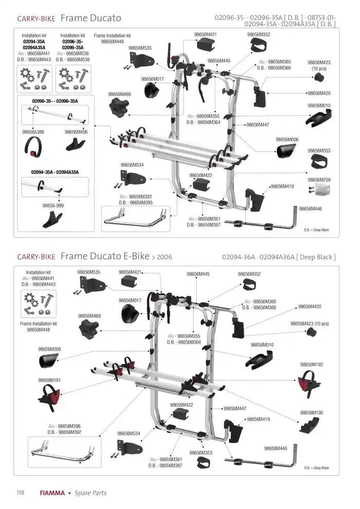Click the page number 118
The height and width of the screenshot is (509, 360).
click(x=21, y=493)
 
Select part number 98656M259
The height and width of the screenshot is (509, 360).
click(x=319, y=180)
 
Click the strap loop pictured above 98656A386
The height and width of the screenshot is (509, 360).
click(x=33, y=147)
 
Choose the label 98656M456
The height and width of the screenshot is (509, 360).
click(x=76, y=132)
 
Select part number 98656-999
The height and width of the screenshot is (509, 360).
click(x=53, y=205)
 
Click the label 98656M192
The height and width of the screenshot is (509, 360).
click(x=312, y=365)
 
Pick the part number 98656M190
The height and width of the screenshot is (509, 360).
click(x=311, y=412)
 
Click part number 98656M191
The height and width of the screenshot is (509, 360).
click(x=49, y=380)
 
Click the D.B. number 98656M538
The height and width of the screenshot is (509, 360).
click(x=78, y=60)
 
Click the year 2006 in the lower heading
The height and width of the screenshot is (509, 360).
click(x=164, y=257)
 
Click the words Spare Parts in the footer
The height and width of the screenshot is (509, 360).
click(x=91, y=493)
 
